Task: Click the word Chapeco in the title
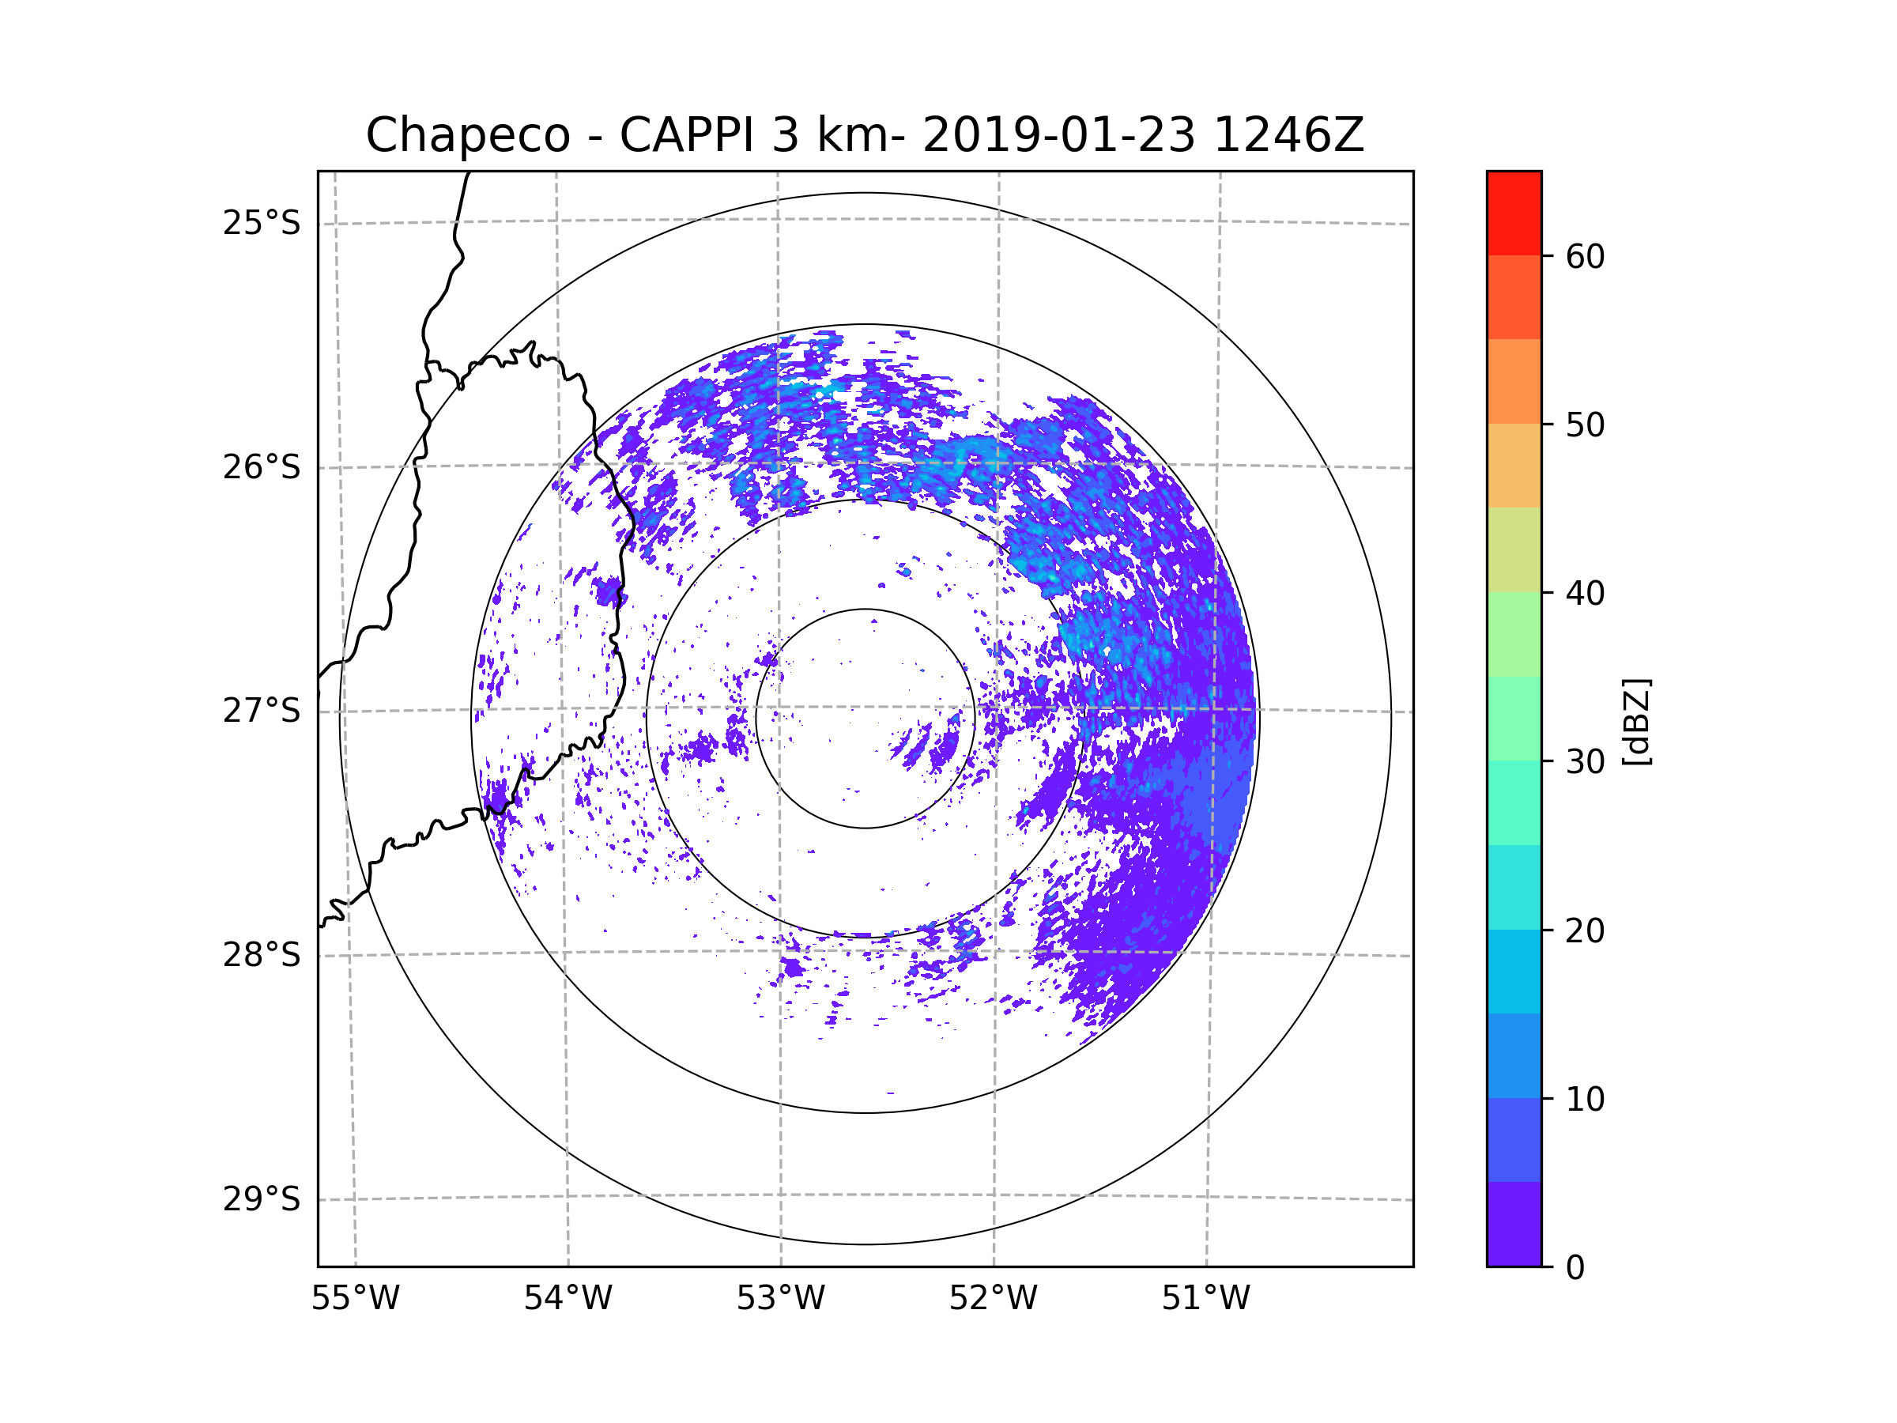point(467,135)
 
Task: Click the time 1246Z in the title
point(1288,135)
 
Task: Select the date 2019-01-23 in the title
point(1058,135)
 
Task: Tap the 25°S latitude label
point(262,223)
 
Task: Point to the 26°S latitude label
point(262,467)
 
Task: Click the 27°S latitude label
point(262,711)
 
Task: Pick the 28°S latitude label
point(262,955)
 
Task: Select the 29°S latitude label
point(262,1199)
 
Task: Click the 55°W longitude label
point(355,1299)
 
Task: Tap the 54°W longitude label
point(568,1299)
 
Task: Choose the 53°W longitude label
point(780,1299)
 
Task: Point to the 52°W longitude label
point(993,1299)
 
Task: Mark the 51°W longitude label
point(1205,1299)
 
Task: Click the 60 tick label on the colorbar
point(1585,256)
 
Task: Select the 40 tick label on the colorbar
point(1585,594)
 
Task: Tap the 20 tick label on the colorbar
point(1585,930)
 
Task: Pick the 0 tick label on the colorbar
point(1575,1268)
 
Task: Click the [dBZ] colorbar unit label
point(1636,721)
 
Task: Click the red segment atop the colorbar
point(1514,213)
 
